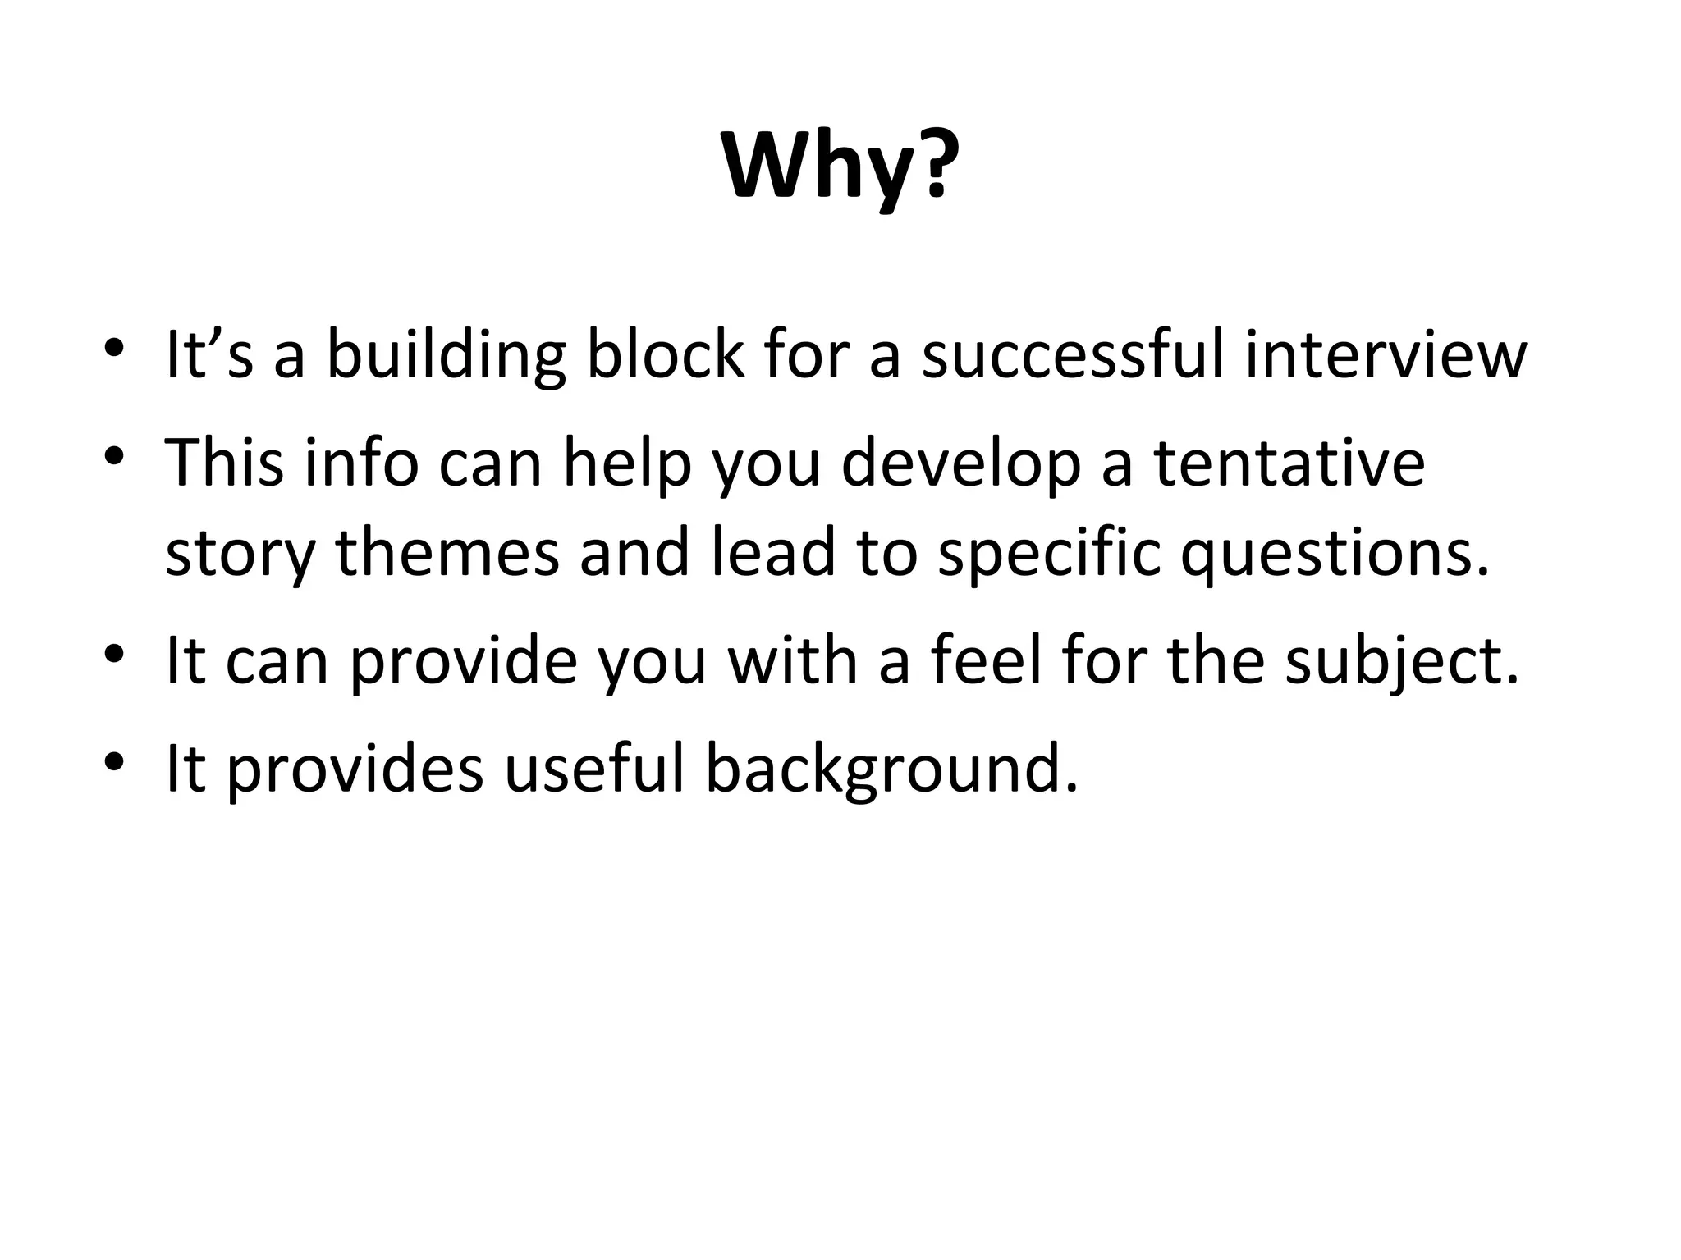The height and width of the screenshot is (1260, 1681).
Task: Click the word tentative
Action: (x=1289, y=463)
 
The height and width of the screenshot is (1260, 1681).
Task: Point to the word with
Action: (x=793, y=660)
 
